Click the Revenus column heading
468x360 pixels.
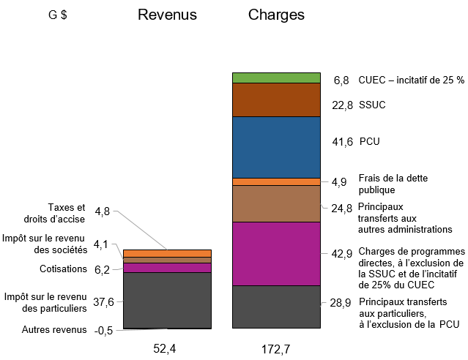tap(167, 15)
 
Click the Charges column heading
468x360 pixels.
tap(276, 15)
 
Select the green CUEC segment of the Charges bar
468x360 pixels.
tap(276, 78)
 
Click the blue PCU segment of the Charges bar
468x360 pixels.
tap(276, 147)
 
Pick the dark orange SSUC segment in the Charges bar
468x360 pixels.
tap(276, 100)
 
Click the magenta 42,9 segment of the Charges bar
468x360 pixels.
tap(276, 253)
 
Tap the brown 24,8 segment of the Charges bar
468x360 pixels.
tap(276, 203)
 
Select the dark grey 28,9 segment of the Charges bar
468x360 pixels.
tap(276, 307)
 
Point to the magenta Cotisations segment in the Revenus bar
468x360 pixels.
tap(167, 268)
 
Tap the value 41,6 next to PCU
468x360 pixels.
tap(341, 141)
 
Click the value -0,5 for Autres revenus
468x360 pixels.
tap(103, 330)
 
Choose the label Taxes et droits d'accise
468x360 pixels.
tap(66, 213)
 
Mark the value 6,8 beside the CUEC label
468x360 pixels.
tap(341, 80)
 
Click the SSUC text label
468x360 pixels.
tap(372, 105)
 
